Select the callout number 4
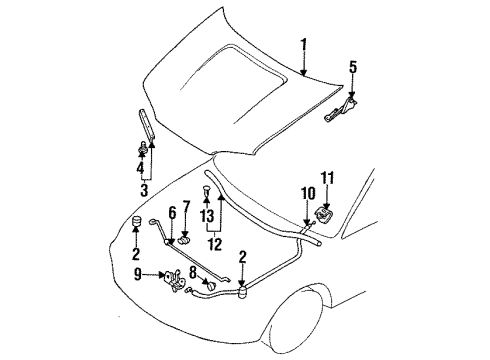(139, 168)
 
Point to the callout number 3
(145, 190)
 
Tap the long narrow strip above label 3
(148, 125)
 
